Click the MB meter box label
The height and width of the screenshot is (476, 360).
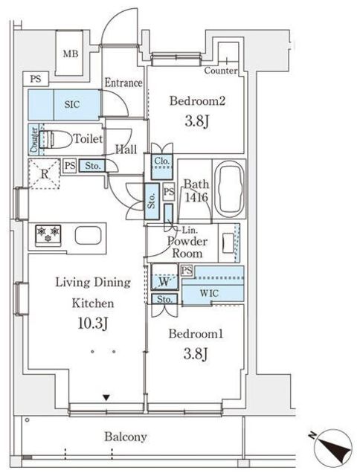coord(71,54)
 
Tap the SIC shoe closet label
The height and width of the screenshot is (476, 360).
coord(72,104)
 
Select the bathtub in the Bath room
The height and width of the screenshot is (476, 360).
coord(230,189)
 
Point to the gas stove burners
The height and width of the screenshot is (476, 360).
coord(48,234)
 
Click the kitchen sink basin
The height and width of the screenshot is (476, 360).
coord(88,235)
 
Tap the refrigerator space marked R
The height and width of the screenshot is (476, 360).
coord(45,174)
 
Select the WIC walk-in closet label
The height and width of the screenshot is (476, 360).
coord(209,294)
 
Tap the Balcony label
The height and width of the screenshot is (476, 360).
coord(126,437)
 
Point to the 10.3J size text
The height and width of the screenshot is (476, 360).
coord(93,324)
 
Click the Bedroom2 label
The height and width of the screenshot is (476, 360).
coord(197,101)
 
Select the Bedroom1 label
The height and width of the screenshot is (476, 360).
coord(196,334)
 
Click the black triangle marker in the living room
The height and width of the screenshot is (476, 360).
coord(106,397)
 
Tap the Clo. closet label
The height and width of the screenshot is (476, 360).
coord(162,161)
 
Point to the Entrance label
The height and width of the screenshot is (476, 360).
coord(123,83)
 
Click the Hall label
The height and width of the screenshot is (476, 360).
coord(126,149)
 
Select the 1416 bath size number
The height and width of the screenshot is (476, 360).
coord(196,198)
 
